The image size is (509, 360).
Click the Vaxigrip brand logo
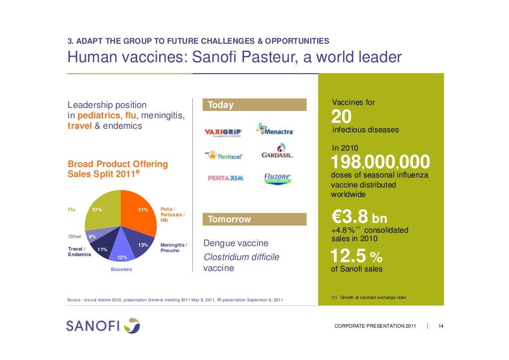[224, 132]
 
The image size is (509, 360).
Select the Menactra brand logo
[275, 130]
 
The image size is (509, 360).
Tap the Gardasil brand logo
[277, 152]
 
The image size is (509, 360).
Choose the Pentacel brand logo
[224, 155]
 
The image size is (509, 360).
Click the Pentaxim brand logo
[225, 178]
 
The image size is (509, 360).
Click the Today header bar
[254, 105]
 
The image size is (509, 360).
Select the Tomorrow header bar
[254, 219]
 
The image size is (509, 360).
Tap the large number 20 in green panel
[341, 117]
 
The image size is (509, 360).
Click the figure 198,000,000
[380, 162]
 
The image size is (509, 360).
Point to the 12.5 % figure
[356, 257]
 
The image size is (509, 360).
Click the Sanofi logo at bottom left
[103, 326]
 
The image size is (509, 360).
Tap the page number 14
[441, 326]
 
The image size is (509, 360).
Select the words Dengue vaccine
[236, 244]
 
